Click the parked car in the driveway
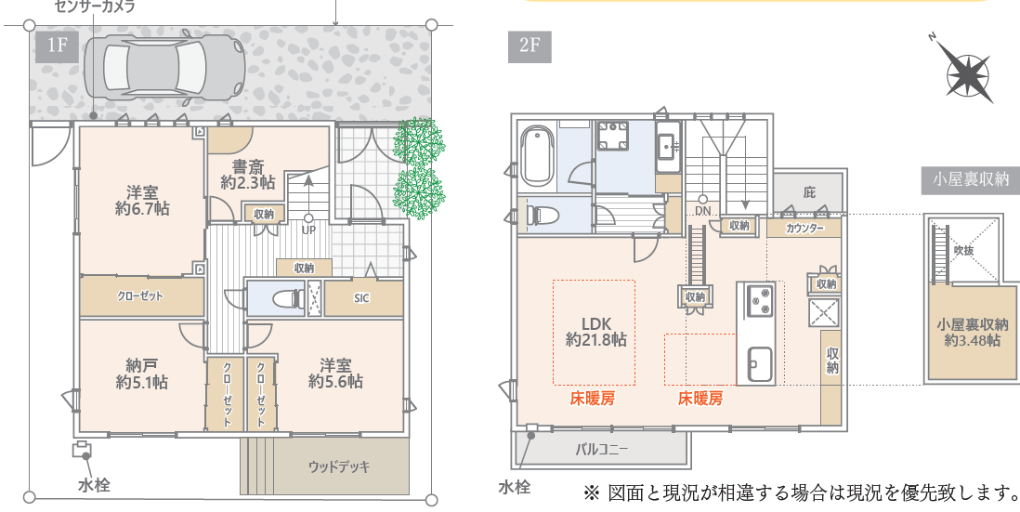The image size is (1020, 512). click(x=165, y=66)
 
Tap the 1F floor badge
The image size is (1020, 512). click(x=58, y=46)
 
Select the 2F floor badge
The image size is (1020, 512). click(x=530, y=46)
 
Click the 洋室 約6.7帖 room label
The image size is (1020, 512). click(x=142, y=201)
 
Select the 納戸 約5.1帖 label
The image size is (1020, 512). click(x=142, y=374)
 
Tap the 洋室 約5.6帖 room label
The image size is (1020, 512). click(x=335, y=373)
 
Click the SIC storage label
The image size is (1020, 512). click(x=361, y=298)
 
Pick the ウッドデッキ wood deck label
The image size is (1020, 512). click(x=339, y=466)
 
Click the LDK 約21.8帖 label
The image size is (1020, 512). click(x=595, y=331)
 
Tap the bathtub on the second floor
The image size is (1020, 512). click(x=537, y=155)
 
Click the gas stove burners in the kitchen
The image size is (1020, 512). click(x=759, y=300)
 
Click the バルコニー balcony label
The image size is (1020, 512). click(x=602, y=450)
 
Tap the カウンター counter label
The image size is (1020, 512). click(x=804, y=229)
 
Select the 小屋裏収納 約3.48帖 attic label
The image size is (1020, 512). click(x=973, y=332)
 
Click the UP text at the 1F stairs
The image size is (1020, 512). click(x=308, y=230)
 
